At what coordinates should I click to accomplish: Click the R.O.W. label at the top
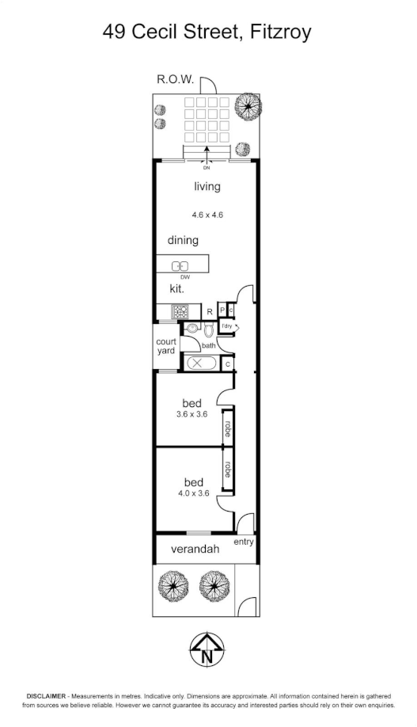click(x=176, y=79)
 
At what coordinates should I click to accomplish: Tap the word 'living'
click(x=207, y=187)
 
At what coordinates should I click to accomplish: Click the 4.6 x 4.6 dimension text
click(x=207, y=214)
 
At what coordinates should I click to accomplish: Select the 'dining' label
click(x=183, y=240)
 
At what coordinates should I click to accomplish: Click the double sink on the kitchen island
click(x=180, y=265)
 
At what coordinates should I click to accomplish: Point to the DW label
click(x=185, y=277)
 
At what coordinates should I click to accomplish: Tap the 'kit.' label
click(x=177, y=290)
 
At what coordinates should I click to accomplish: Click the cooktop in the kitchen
click(x=179, y=311)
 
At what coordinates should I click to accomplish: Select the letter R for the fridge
click(x=210, y=311)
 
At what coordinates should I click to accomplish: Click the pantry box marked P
click(x=223, y=310)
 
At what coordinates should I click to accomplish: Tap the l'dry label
click(x=227, y=326)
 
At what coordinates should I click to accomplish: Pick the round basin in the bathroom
click(x=191, y=327)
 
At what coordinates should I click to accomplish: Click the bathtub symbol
click(x=198, y=363)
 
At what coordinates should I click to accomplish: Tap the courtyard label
click(x=165, y=346)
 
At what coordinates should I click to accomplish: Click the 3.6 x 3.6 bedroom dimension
click(x=191, y=413)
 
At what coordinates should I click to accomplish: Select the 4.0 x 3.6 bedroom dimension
click(x=193, y=493)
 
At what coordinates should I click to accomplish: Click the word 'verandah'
click(x=195, y=548)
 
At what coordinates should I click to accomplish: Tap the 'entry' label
click(x=245, y=542)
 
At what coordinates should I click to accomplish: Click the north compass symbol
click(x=208, y=650)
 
